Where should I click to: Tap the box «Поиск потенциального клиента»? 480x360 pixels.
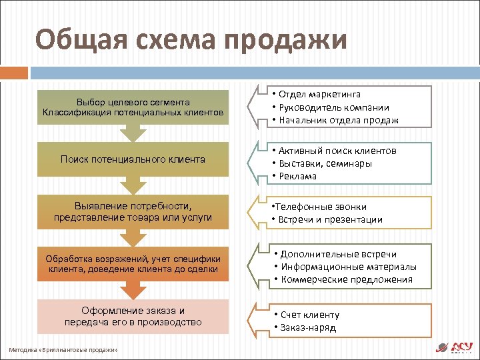(133, 160)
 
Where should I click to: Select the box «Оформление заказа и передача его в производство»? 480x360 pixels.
(133, 317)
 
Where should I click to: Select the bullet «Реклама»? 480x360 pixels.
(299, 176)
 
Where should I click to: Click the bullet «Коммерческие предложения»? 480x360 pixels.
(346, 279)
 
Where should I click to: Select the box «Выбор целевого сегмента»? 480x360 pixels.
(133, 107)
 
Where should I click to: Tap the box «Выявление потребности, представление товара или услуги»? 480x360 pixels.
(133, 212)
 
